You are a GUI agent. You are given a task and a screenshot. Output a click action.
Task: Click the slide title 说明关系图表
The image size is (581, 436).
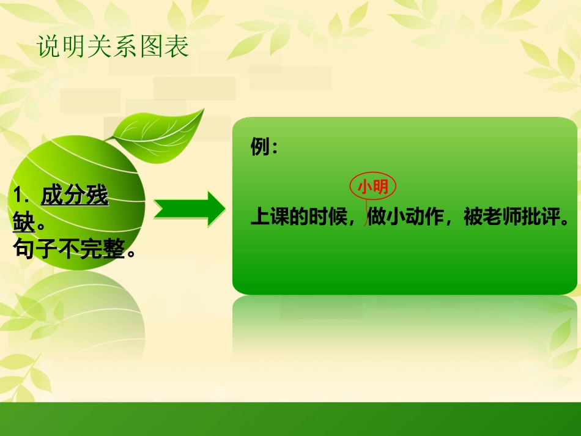(x=113, y=47)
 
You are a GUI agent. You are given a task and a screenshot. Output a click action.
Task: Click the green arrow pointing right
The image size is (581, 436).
(x=189, y=209)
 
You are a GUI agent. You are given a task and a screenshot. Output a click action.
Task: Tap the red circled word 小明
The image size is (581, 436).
(x=372, y=187)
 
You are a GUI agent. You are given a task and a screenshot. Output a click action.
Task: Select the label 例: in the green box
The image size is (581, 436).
(x=264, y=147)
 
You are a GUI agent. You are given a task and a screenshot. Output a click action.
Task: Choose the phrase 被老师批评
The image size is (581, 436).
(x=512, y=218)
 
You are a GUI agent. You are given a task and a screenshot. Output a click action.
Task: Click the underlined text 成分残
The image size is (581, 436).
(x=74, y=196)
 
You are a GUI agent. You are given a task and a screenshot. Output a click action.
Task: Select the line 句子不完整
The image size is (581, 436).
(x=73, y=248)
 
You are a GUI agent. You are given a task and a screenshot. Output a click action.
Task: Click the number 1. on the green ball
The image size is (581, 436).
(x=22, y=196)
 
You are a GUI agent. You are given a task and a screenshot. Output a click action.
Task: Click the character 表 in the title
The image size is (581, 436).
(x=177, y=47)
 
